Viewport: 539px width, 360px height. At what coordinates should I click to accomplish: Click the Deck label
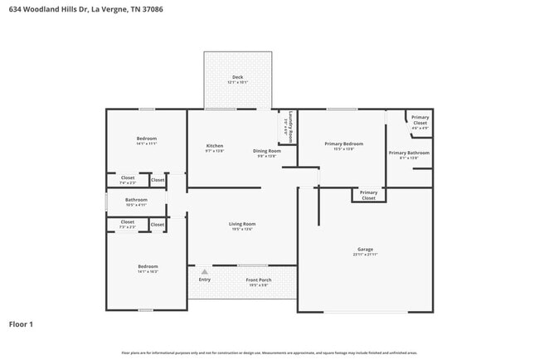[x=238, y=77]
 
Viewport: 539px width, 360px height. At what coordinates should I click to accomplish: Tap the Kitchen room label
[x=215, y=146]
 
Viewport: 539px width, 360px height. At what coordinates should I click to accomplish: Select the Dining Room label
[x=267, y=150]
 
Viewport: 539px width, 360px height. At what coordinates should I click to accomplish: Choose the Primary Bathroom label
[x=409, y=153]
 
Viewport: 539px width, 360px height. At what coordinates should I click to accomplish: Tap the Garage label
[x=365, y=249]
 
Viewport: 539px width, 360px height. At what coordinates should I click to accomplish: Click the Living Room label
[x=242, y=224]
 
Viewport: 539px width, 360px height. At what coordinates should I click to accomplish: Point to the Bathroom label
[x=136, y=200]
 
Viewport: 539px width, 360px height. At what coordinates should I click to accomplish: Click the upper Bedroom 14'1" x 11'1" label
[x=147, y=139]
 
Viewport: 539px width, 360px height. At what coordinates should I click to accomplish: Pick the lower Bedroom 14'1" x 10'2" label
[x=147, y=266]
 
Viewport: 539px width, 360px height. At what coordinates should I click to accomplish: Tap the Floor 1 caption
[x=22, y=324]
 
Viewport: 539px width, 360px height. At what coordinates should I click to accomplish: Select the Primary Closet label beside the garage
[x=368, y=196]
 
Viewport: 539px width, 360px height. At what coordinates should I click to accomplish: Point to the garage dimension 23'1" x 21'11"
[x=365, y=255]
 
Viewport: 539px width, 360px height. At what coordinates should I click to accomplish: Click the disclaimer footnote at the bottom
[x=269, y=353]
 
